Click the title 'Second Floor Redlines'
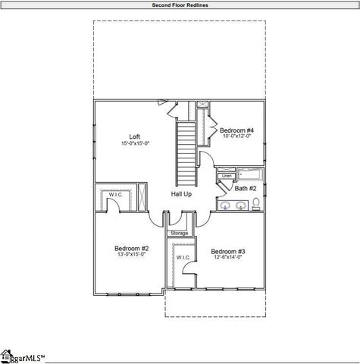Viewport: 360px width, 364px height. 180,5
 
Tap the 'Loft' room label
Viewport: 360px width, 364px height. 135,136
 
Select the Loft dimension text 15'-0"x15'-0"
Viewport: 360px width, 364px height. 135,143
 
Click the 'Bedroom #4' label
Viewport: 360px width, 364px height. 237,130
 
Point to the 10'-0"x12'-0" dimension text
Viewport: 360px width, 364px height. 237,137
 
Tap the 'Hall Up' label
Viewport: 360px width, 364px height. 181,194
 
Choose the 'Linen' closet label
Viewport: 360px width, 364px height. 226,176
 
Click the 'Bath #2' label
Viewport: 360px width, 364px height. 246,187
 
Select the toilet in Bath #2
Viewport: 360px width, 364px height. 257,203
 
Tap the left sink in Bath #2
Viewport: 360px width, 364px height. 225,205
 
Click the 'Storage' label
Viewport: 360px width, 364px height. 179,233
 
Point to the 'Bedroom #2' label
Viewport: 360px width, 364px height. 131,248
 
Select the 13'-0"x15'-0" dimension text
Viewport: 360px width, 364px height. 131,255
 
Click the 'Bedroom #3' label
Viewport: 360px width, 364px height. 227,251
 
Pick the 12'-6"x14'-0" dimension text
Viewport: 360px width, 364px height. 227,258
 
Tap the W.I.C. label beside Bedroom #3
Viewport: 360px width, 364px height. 183,258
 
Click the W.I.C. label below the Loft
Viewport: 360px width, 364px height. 115,194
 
